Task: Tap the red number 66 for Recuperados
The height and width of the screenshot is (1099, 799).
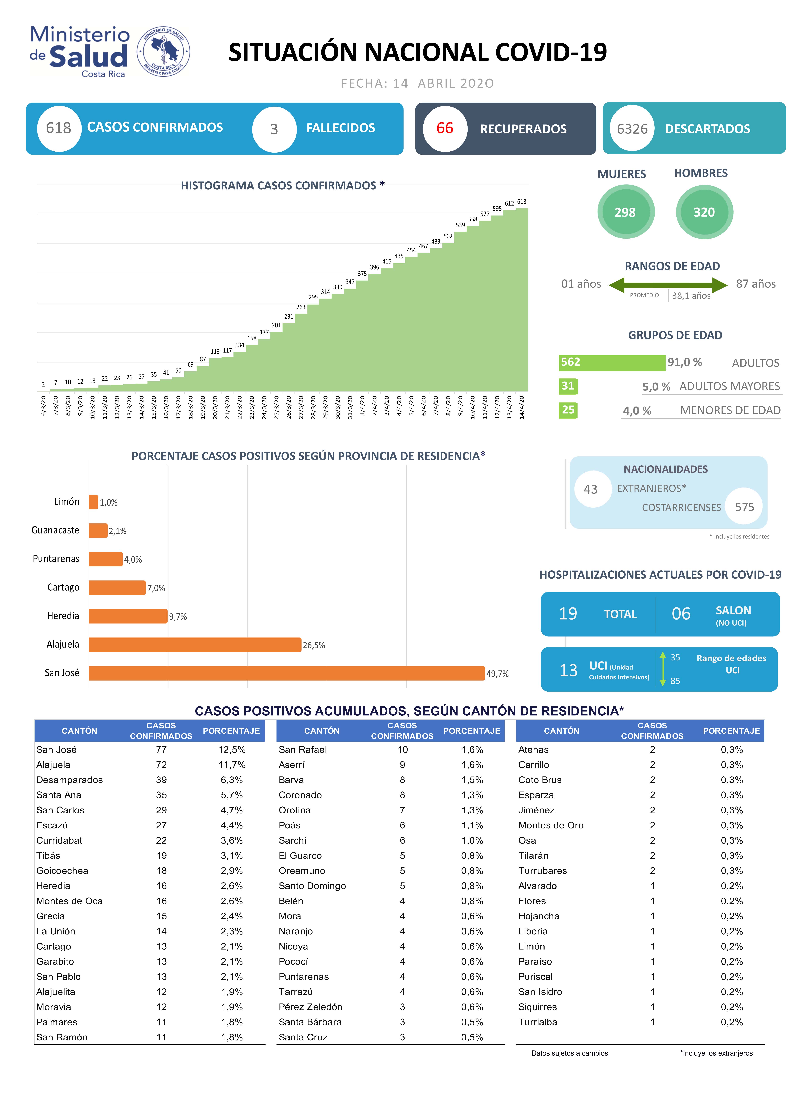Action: point(445,128)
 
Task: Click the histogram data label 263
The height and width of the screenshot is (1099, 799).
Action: point(301,307)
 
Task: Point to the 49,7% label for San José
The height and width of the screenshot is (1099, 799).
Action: point(497,674)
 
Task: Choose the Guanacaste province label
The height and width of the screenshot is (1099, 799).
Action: point(55,530)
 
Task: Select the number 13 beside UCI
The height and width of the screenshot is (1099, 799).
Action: point(569,670)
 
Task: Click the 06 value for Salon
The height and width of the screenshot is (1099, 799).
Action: point(681,614)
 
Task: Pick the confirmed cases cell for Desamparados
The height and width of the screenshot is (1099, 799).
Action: point(161,780)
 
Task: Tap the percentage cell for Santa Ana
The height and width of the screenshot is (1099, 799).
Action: point(232,795)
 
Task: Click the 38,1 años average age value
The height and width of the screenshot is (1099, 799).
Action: point(691,296)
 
